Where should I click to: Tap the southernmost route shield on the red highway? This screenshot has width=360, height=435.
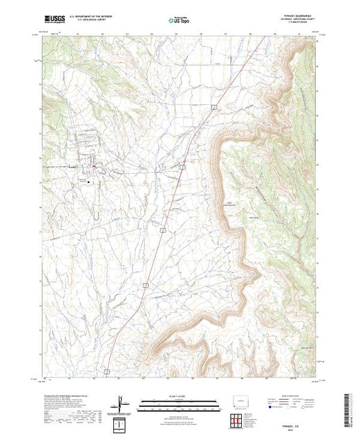tap(108, 371)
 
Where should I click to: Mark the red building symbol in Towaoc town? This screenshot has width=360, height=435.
tap(94, 166)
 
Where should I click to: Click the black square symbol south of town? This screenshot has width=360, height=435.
tap(106, 183)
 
